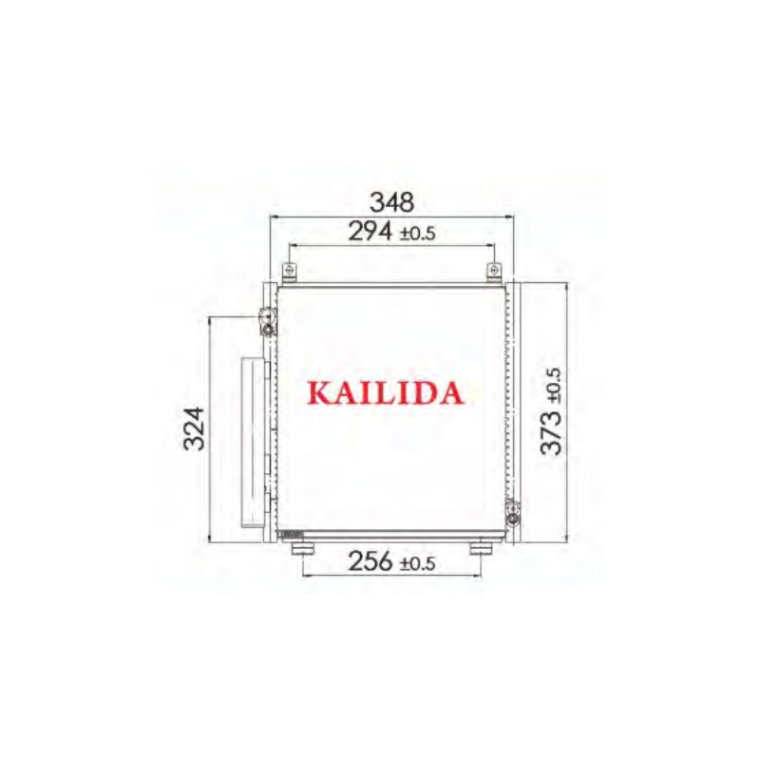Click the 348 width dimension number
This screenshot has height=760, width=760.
point(392,202)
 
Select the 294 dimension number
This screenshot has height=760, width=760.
point(370,232)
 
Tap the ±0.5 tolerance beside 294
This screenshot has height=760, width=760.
point(417,234)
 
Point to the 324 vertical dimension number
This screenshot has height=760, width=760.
point(195,428)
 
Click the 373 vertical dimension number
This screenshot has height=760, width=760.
point(551,433)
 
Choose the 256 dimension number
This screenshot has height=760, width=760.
point(370,561)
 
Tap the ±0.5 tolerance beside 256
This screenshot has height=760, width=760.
point(417,564)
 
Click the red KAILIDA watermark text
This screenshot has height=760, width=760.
point(386,393)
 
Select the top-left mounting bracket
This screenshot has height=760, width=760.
point(290,273)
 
